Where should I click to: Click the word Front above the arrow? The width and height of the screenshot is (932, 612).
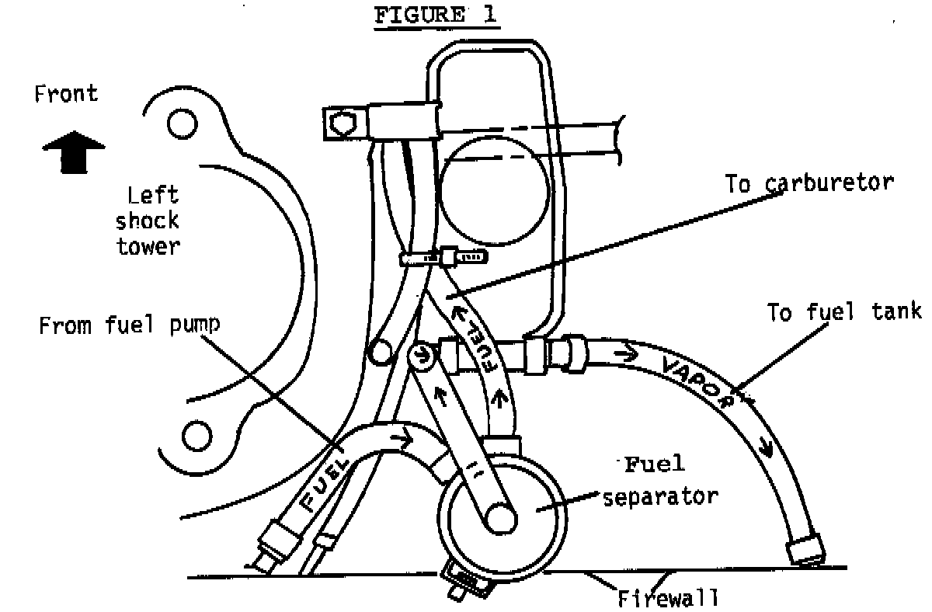(x=67, y=95)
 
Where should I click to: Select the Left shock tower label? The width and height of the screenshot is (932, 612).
(x=148, y=221)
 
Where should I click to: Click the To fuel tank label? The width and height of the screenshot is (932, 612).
(x=844, y=312)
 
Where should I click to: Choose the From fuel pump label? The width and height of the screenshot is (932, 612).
(x=129, y=325)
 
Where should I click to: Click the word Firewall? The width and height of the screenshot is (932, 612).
(x=668, y=599)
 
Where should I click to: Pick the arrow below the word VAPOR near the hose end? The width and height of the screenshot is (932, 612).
(x=766, y=449)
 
